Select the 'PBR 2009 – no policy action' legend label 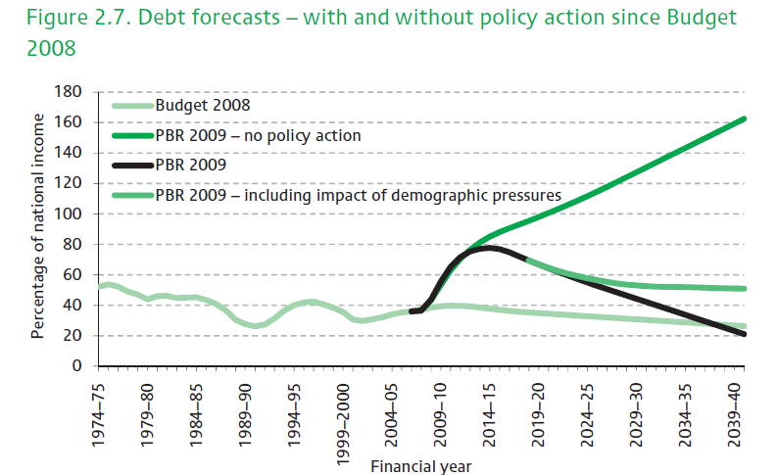[x=259, y=135]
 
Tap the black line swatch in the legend [x=132, y=166]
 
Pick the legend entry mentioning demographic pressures [x=358, y=195]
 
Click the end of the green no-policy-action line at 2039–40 [x=745, y=119]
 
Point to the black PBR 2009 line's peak [x=490, y=248]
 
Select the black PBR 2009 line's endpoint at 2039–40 [x=745, y=334]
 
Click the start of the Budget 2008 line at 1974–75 [x=99, y=287]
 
